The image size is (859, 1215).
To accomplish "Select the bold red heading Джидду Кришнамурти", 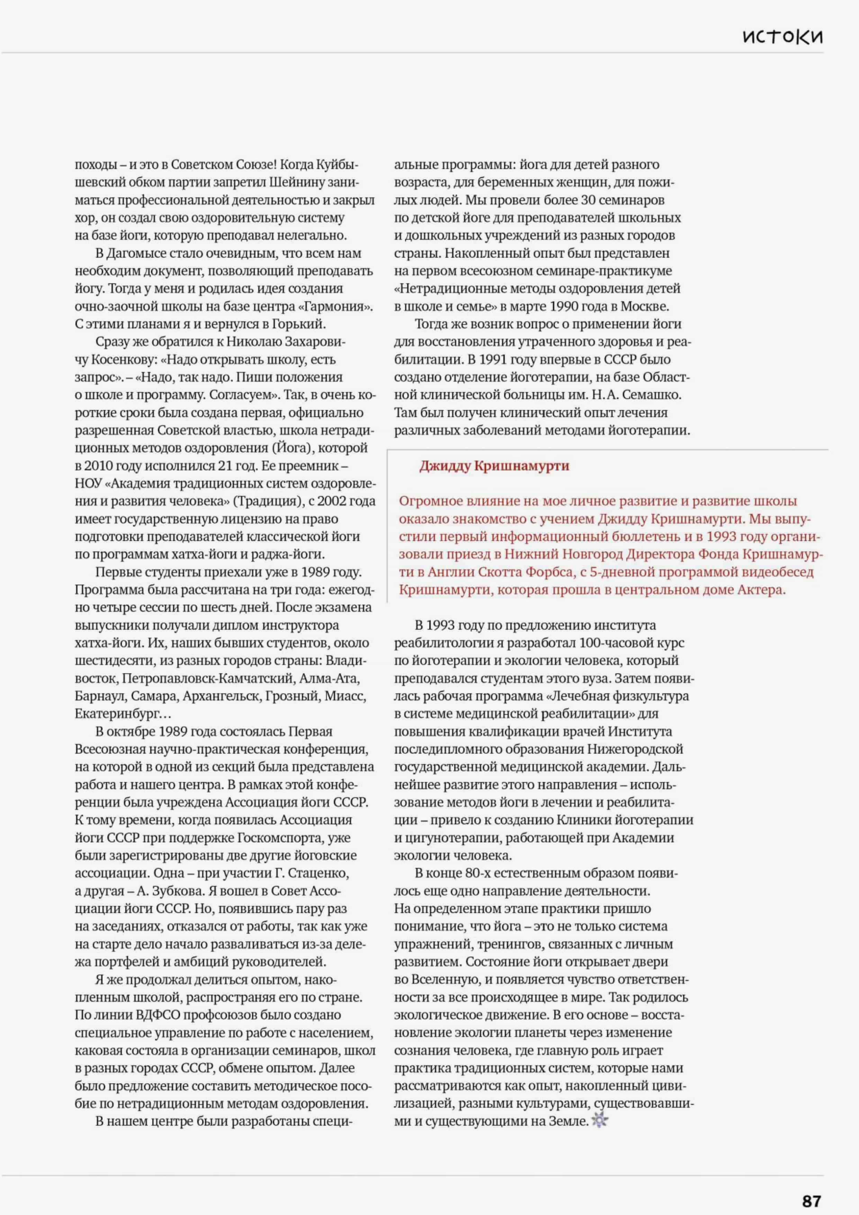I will pos(494,466).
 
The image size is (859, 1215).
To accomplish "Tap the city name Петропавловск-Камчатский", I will pos(208,679).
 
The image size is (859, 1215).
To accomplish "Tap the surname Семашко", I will pos(652,395).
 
